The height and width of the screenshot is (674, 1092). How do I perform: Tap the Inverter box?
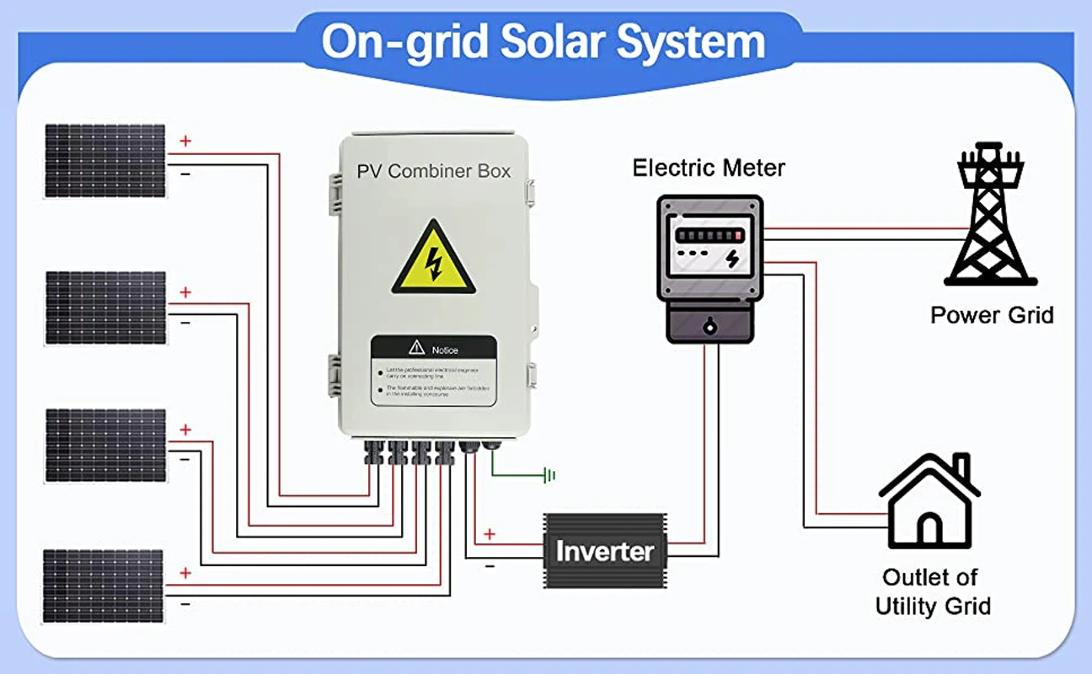(x=604, y=552)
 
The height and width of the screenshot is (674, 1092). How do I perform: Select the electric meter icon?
(x=709, y=269)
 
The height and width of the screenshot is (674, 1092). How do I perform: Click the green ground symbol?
(x=550, y=476)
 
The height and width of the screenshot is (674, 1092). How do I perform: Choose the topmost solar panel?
(x=105, y=160)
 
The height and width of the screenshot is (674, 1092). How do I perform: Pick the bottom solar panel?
(x=103, y=586)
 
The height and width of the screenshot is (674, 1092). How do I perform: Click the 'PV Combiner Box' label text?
(x=433, y=171)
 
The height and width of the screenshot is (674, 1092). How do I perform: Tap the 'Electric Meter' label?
(x=709, y=168)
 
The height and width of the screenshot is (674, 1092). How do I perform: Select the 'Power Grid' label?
(x=992, y=315)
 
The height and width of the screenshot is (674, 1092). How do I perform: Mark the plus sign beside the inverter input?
(x=490, y=534)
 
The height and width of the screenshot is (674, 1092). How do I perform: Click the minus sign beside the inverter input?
(x=490, y=566)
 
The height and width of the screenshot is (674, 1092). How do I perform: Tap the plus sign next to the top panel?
(x=185, y=141)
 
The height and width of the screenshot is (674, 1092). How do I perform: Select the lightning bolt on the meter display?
(x=732, y=258)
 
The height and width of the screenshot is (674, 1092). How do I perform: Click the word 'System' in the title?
(x=691, y=41)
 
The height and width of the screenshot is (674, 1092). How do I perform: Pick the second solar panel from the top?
(x=105, y=307)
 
